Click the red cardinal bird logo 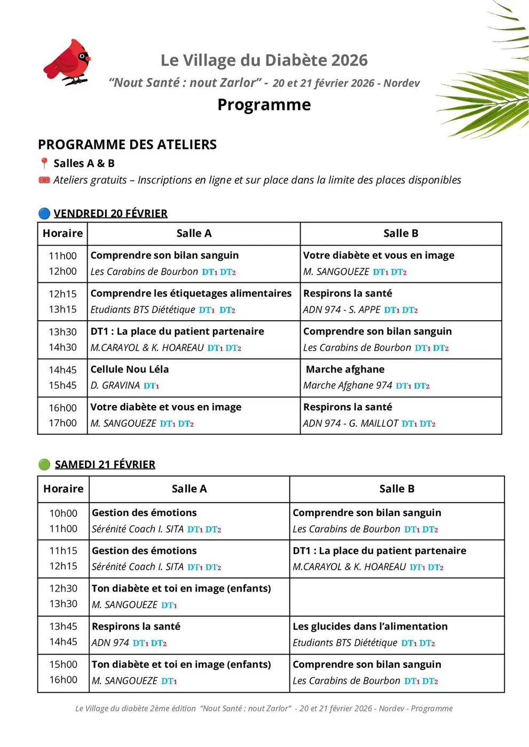[67, 62]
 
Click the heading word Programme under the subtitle [264, 105]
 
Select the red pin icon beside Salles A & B [44, 163]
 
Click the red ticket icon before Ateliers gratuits [44, 180]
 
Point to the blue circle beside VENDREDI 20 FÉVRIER [44, 213]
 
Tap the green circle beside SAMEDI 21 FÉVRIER [44, 464]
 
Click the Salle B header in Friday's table [400, 233]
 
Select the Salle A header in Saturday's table [189, 489]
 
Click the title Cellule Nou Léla [130, 369]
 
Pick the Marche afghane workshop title [345, 369]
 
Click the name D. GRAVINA [115, 385]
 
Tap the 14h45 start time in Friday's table [62, 370]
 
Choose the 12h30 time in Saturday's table [63, 588]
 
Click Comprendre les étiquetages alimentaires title [191, 293]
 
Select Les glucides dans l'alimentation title [370, 626]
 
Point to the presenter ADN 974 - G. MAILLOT [351, 423]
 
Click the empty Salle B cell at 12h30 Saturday [397, 597]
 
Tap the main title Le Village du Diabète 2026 [264, 60]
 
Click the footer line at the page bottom [264, 709]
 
